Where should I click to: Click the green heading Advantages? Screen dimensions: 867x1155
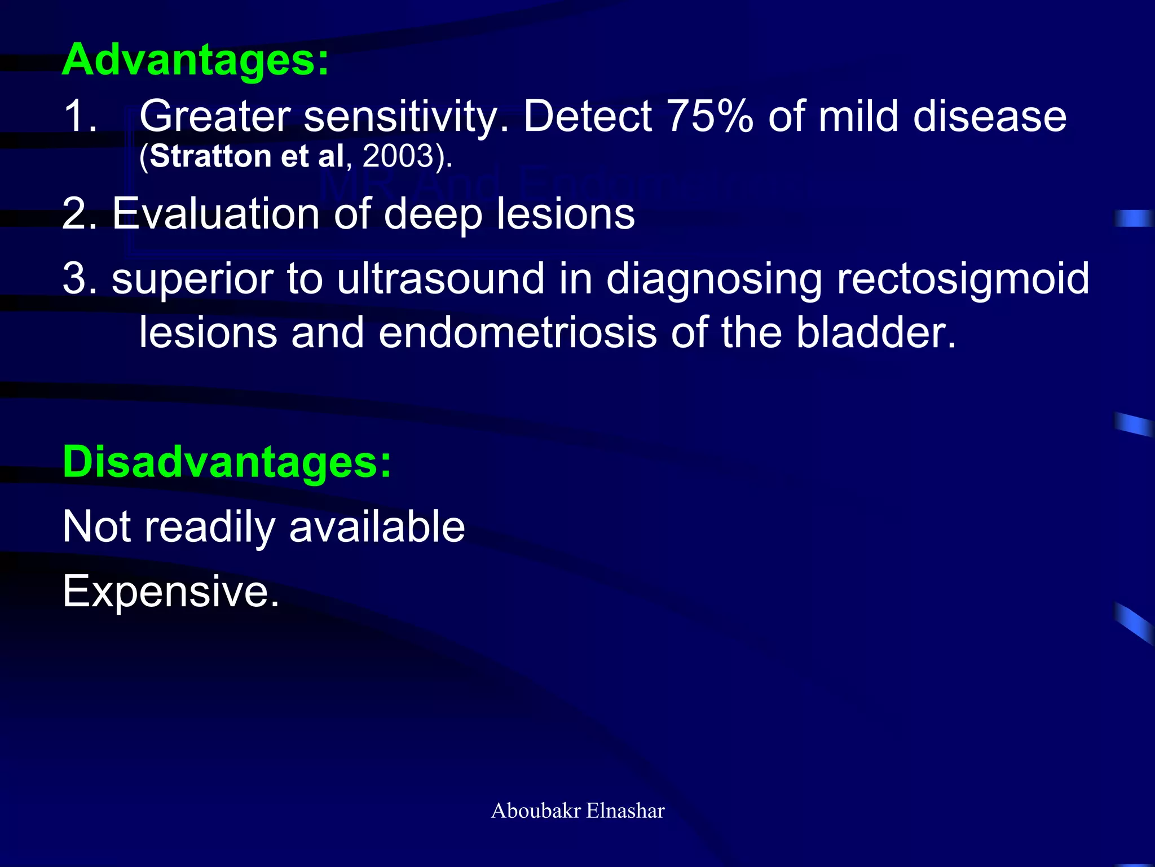point(195,60)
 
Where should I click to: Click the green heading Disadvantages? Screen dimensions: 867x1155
point(226,462)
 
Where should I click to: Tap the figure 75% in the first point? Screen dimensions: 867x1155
point(709,116)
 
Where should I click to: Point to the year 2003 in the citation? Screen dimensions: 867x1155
point(397,156)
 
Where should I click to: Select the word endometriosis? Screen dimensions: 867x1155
point(517,333)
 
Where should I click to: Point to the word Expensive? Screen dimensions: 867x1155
point(170,592)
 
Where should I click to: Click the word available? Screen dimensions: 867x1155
point(377,527)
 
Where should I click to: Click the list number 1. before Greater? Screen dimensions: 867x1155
point(81,116)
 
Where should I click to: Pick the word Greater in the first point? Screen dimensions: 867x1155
point(214,116)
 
